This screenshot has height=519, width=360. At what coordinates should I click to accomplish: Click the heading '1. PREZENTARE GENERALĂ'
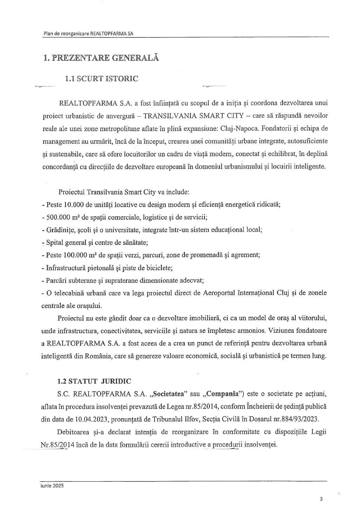click(x=101, y=58)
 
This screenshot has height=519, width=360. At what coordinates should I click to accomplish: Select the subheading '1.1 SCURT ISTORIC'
click(x=102, y=78)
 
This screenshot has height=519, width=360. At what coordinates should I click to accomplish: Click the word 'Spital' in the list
click(x=55, y=243)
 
